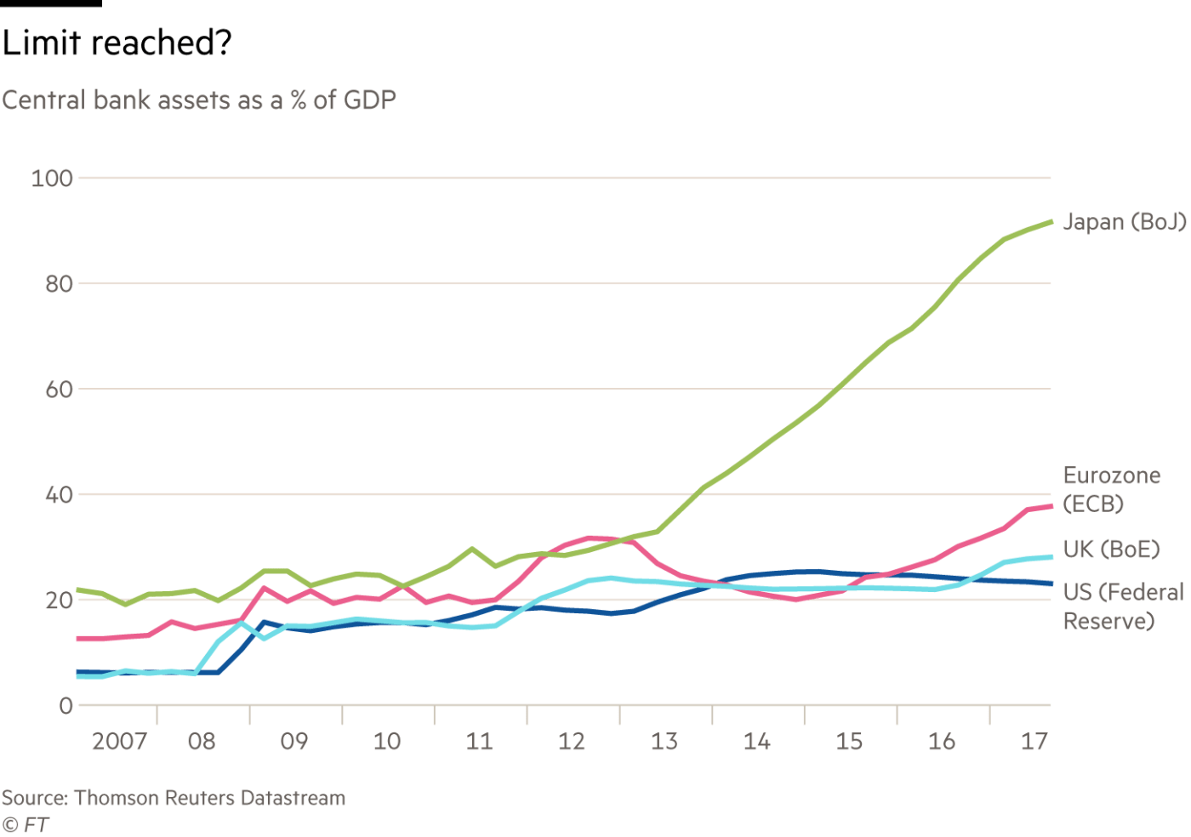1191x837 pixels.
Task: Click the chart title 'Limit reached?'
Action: click(x=117, y=43)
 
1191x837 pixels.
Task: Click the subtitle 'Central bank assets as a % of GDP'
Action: click(x=198, y=100)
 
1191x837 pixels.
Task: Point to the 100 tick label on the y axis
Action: click(x=53, y=179)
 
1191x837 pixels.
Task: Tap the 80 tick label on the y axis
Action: click(x=59, y=283)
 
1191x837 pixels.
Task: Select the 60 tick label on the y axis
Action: click(x=59, y=389)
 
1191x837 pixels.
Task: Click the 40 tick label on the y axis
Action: click(x=59, y=494)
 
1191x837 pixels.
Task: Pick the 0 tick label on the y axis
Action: click(x=66, y=705)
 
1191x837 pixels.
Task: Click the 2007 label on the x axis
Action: click(x=119, y=742)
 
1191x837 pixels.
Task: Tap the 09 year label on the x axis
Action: click(x=294, y=742)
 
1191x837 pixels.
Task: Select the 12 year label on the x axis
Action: click(x=572, y=742)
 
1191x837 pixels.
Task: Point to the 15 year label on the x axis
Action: click(x=850, y=742)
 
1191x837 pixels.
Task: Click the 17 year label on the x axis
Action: click(x=1034, y=742)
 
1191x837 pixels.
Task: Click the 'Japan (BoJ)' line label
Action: click(x=1125, y=222)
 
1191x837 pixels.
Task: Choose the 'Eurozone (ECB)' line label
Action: click(x=1111, y=489)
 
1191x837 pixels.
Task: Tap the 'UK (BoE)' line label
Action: click(x=1111, y=549)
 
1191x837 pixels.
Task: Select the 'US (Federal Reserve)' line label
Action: click(x=1123, y=606)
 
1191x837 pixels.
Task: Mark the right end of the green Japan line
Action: click(x=1051, y=221)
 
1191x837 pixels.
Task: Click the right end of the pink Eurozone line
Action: click(x=1051, y=506)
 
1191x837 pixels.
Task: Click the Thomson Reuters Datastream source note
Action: click(x=173, y=798)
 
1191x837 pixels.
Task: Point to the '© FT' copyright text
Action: click(x=25, y=824)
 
